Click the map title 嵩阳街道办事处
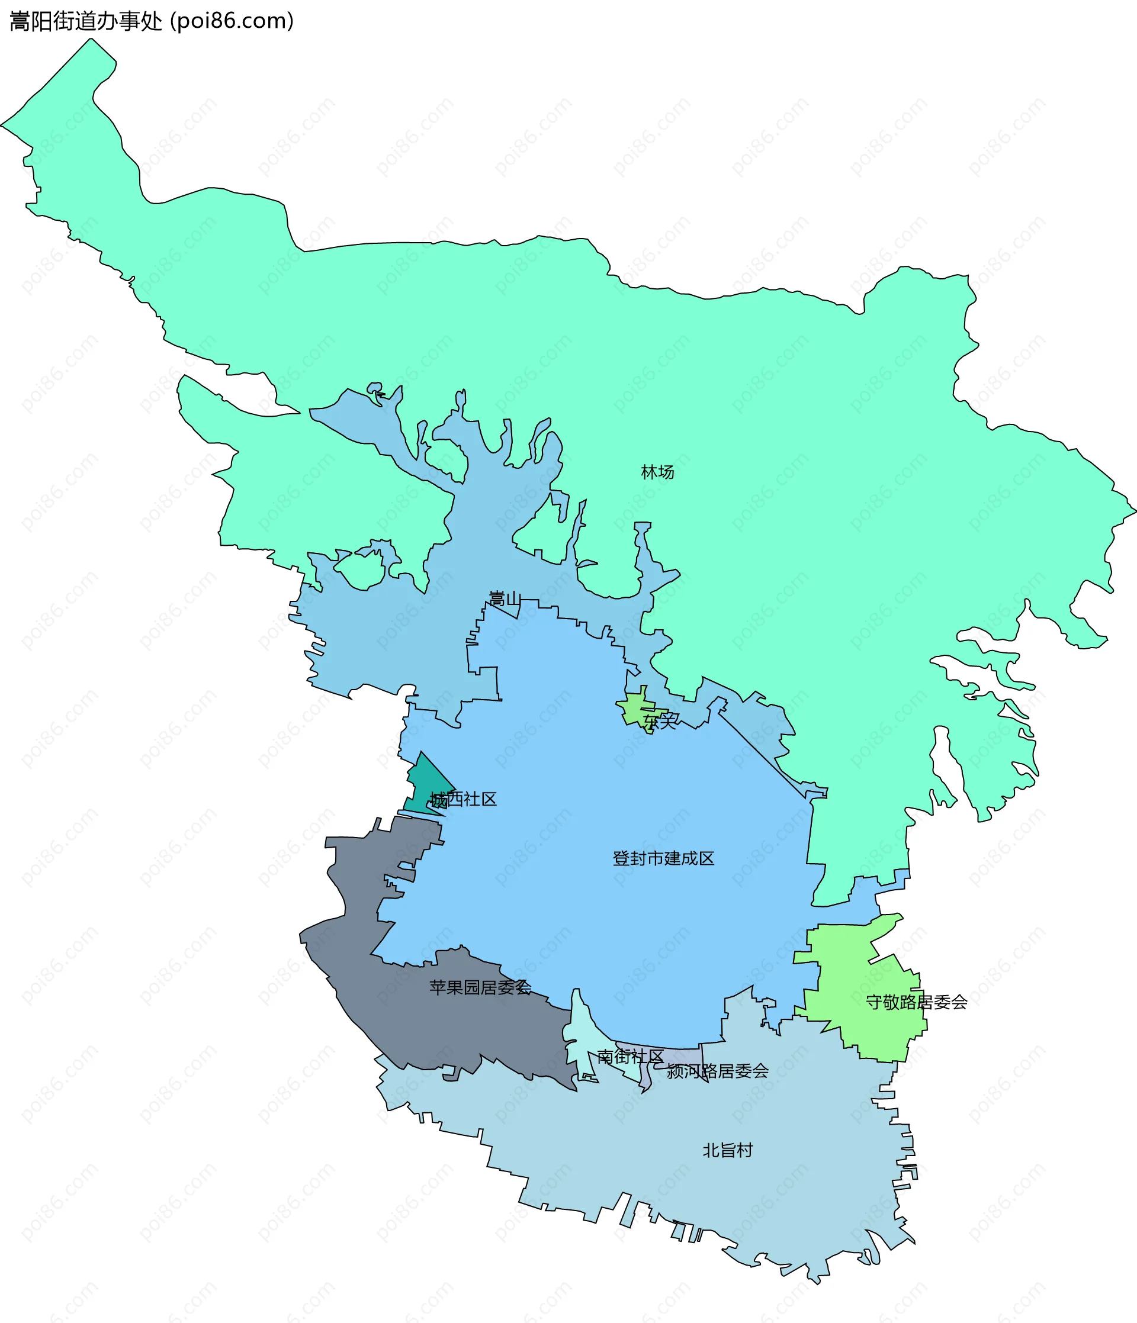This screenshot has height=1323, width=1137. tap(86, 21)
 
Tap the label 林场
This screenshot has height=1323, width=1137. tap(657, 472)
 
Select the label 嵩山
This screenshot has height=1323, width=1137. tap(505, 598)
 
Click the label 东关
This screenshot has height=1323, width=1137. tap(660, 721)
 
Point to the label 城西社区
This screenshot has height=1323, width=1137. tap(463, 799)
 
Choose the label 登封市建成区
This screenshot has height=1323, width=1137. tap(663, 858)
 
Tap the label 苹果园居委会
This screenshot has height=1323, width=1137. tap(480, 988)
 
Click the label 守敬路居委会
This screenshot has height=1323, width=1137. tap(916, 1002)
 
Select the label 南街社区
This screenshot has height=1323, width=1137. tap(630, 1056)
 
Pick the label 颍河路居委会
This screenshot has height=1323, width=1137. tap(717, 1071)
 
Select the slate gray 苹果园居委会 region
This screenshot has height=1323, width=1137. tap(358, 945)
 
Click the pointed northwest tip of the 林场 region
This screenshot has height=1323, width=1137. tap(91, 40)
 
